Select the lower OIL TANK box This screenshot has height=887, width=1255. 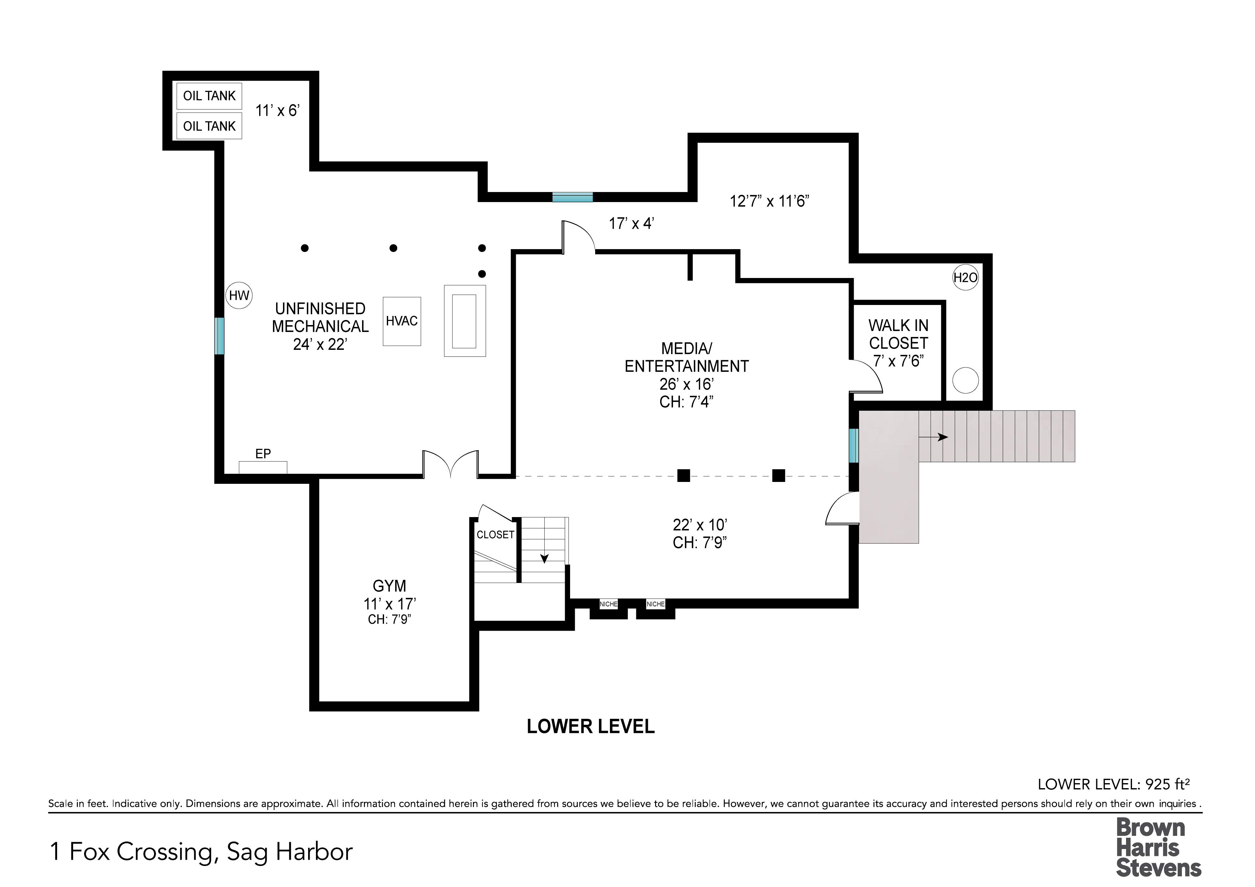pyautogui.click(x=209, y=126)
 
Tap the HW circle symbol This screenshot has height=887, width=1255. pyautogui.click(x=239, y=296)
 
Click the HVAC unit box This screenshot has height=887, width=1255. pyautogui.click(x=402, y=321)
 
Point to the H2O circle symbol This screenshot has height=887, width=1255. pyautogui.click(x=965, y=278)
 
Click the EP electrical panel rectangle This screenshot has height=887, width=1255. pyautogui.click(x=263, y=467)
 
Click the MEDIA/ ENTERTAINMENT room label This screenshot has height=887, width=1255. pyautogui.click(x=686, y=357)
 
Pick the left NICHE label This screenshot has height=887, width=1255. pyautogui.click(x=608, y=604)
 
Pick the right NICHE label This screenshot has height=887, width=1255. pyautogui.click(x=655, y=604)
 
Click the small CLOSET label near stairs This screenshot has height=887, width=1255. pyautogui.click(x=495, y=535)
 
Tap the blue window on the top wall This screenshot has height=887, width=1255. pyautogui.click(x=572, y=197)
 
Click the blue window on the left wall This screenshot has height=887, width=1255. pyautogui.click(x=219, y=335)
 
